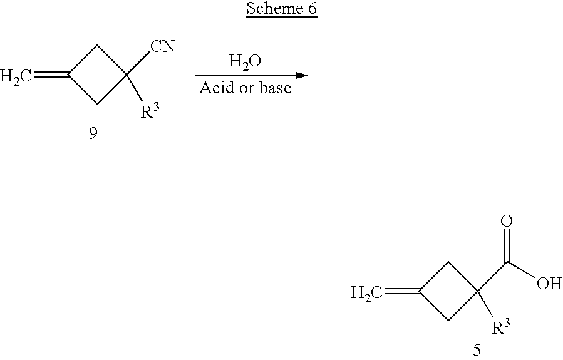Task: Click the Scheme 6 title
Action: (281, 9)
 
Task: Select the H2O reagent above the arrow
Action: (245, 62)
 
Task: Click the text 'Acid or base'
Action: (245, 88)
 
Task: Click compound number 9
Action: (93, 134)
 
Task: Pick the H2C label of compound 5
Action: (368, 292)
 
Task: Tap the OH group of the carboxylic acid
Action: (549, 284)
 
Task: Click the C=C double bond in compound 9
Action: (51, 76)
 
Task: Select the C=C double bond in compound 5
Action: (403, 291)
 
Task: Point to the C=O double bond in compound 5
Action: (507, 245)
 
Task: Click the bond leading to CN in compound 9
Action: (137, 63)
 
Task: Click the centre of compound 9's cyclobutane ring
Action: (97, 76)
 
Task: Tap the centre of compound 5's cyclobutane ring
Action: (448, 291)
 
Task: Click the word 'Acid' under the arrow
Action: (214, 88)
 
